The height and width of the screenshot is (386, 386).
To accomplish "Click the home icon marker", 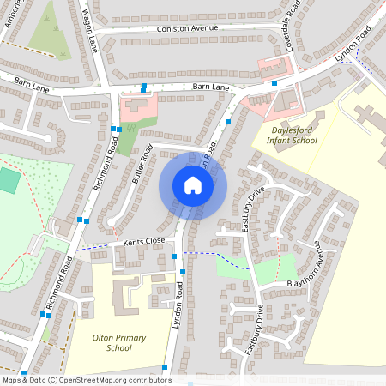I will point(193,185).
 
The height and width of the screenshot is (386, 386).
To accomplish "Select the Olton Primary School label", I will point(118,343).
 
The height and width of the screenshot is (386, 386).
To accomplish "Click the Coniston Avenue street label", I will point(190,28).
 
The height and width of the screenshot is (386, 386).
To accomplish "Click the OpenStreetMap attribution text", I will point(86,380).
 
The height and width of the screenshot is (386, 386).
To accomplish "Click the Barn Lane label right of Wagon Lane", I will point(211,87).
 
